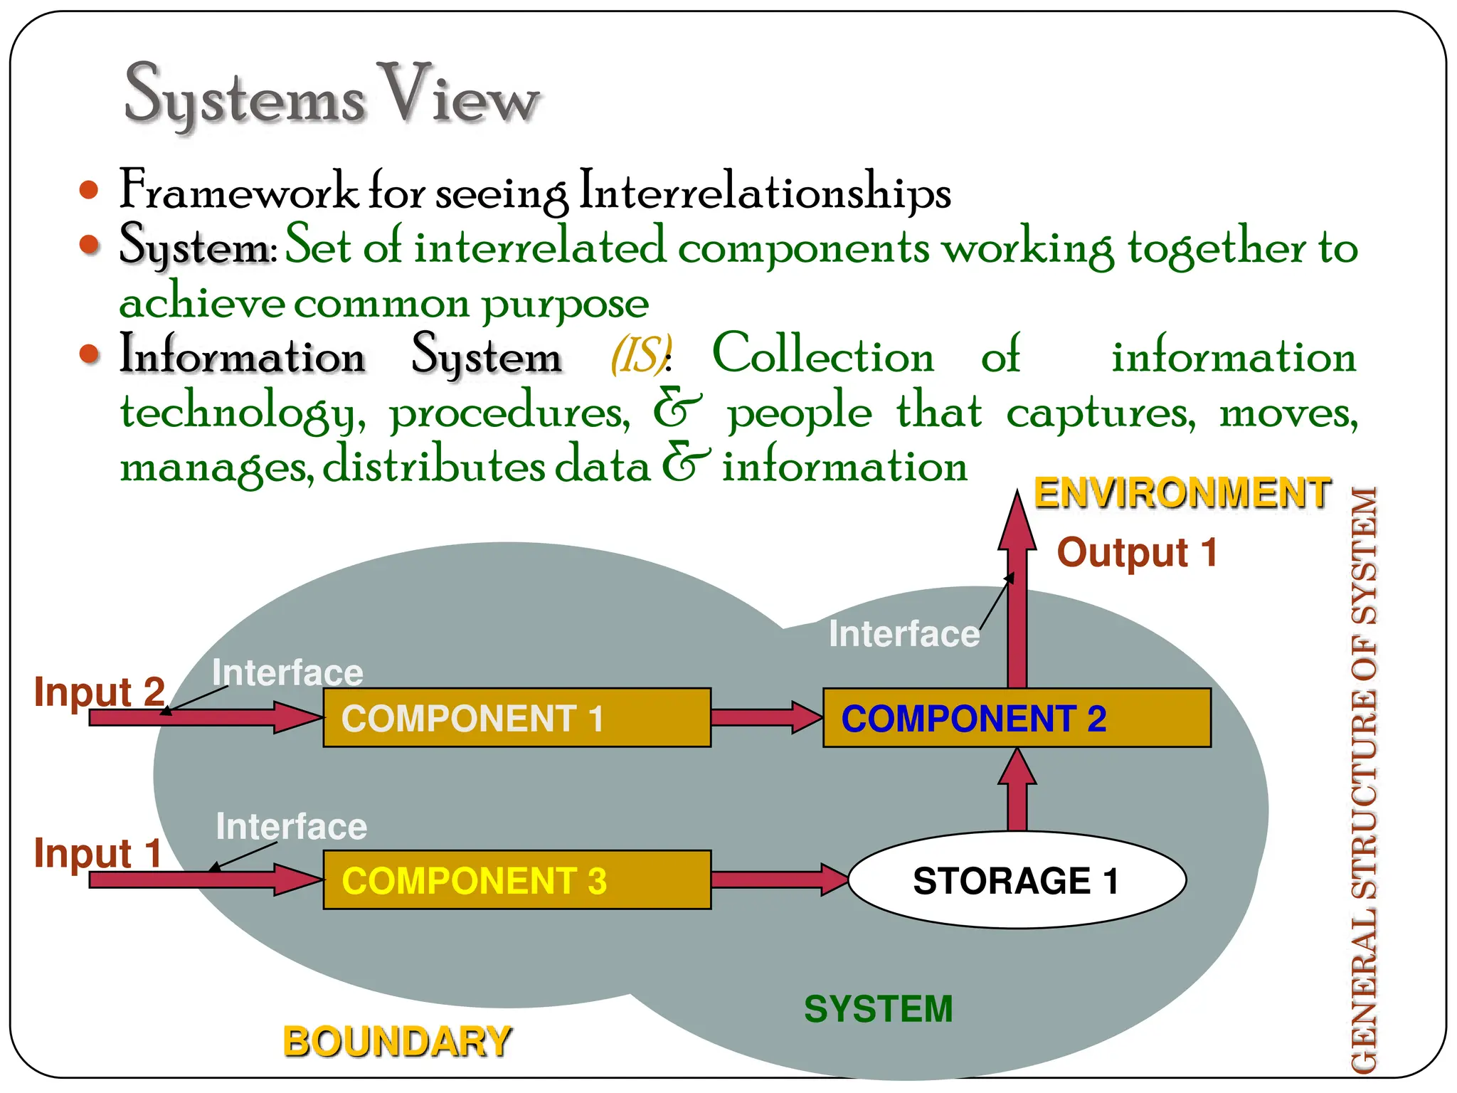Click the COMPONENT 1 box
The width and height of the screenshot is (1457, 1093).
516,717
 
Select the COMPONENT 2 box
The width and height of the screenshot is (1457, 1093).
1017,717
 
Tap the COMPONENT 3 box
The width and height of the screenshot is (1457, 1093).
516,880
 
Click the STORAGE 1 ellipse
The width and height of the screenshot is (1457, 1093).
1017,880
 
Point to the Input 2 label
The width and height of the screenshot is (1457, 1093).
100,692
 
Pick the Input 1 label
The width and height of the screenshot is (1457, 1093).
98,852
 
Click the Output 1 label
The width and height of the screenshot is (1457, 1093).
1137,552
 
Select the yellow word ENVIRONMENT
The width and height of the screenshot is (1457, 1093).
1182,493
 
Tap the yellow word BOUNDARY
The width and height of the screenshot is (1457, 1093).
397,1042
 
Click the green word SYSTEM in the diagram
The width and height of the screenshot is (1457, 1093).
878,1008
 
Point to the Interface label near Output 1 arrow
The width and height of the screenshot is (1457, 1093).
904,633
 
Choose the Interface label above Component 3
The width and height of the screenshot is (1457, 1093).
291,827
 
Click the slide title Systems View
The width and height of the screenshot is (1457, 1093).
332,96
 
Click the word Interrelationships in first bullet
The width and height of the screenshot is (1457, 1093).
765,191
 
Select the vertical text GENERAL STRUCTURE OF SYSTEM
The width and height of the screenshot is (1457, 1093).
1364,779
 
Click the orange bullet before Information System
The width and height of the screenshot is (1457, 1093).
89,354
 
